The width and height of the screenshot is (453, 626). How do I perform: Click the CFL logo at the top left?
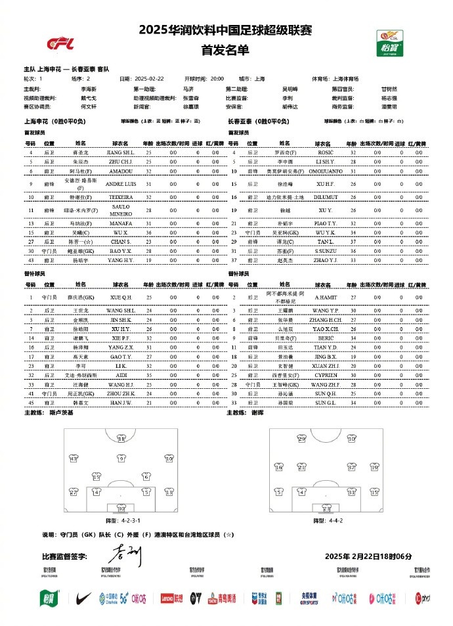coord(60,43)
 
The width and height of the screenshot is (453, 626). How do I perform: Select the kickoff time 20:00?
coord(217,79)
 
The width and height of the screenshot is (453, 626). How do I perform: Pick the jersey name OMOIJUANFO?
coord(325,171)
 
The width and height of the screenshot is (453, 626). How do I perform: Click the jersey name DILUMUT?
coord(325,196)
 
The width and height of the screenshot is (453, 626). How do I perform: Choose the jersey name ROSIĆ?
coord(325,152)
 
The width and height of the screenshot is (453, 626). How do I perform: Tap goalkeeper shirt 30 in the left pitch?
coord(121,508)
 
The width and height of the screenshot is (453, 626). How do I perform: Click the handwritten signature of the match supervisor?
coord(125,556)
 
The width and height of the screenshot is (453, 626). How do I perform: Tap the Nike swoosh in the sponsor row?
coord(83,597)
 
